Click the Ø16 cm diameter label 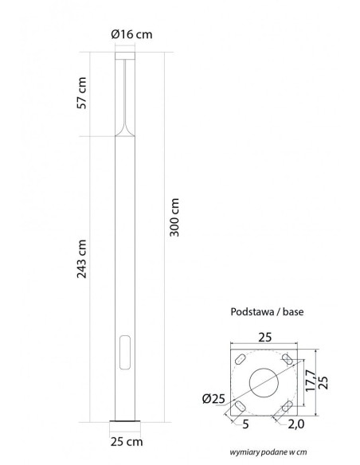pyautogui.click(x=131, y=34)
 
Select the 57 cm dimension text pyautogui.click(x=82, y=93)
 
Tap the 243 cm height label pyautogui.click(x=82, y=259)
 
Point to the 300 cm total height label pyautogui.click(x=174, y=217)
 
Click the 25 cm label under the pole pyautogui.click(x=127, y=442)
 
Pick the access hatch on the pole pyautogui.click(x=125, y=352)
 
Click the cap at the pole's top pyautogui.click(x=125, y=56)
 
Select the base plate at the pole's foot pyautogui.click(x=125, y=421)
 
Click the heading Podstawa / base pyautogui.click(x=267, y=311)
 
